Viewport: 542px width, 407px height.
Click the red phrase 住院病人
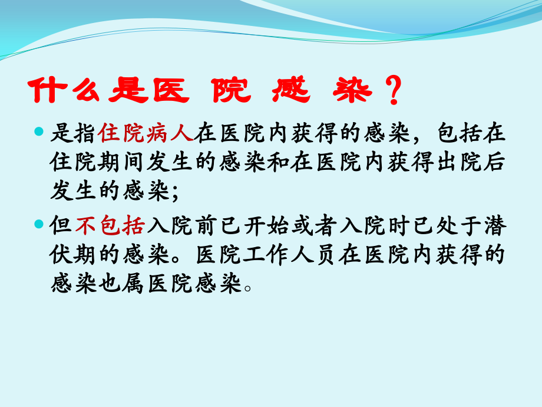tap(146, 134)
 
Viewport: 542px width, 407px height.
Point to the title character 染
tap(356, 91)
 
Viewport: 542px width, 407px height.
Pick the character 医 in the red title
tap(171, 91)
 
